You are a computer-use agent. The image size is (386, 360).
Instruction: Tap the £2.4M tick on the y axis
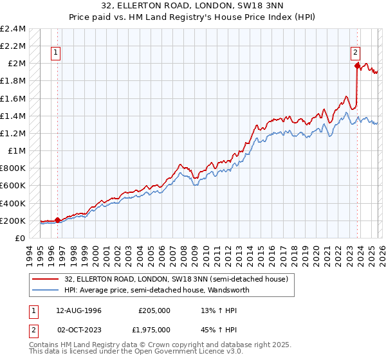13,29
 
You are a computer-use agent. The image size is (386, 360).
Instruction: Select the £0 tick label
20,238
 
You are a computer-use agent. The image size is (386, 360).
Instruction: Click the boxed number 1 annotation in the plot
57,53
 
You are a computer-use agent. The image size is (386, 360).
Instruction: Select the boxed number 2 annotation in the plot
356,53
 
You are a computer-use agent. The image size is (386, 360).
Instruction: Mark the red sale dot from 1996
58,220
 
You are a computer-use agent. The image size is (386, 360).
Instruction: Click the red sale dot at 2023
356,65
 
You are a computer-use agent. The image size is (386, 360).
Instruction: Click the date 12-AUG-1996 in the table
79,310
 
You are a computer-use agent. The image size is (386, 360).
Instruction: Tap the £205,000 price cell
154,310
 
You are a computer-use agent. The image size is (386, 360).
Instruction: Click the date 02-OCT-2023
79,329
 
